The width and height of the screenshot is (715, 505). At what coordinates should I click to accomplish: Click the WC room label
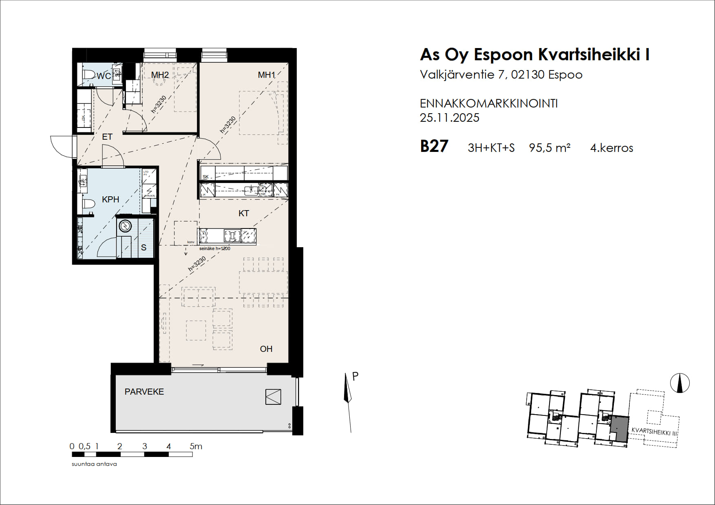[x=104, y=76]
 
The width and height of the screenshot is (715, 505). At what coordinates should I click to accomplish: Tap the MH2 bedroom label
[x=160, y=75]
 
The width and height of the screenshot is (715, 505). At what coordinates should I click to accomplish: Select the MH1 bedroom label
[x=267, y=75]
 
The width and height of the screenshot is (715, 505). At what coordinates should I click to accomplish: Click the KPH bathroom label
[x=110, y=199]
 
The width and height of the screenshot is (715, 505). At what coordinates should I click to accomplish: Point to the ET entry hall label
[x=107, y=137]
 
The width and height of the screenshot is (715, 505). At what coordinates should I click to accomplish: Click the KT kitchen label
[x=244, y=213]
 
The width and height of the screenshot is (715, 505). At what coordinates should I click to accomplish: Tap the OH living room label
[x=266, y=349]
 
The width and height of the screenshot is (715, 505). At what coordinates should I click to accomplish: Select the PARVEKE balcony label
[x=144, y=392]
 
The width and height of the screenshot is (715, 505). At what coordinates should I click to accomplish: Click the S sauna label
[x=143, y=248]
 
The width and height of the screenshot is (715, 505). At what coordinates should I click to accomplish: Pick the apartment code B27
[x=434, y=146]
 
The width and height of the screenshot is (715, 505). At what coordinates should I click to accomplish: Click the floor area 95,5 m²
[x=549, y=148]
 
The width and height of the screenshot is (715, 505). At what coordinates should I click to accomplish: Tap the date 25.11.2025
[x=450, y=118]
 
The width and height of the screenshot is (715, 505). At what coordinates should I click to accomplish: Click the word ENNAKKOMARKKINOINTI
[x=489, y=103]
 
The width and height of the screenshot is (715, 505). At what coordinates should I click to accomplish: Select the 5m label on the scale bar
[x=196, y=446]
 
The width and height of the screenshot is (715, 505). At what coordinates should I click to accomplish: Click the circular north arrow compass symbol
[x=680, y=383]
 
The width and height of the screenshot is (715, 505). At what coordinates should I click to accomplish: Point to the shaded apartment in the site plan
[x=620, y=428]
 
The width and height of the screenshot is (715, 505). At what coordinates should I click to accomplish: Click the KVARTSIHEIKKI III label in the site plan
[x=654, y=432]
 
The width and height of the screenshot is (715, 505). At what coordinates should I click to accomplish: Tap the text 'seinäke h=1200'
[x=215, y=248]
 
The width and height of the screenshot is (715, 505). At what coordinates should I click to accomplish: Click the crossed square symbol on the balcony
[x=273, y=397]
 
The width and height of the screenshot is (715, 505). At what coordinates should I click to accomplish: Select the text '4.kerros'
[x=611, y=148]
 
